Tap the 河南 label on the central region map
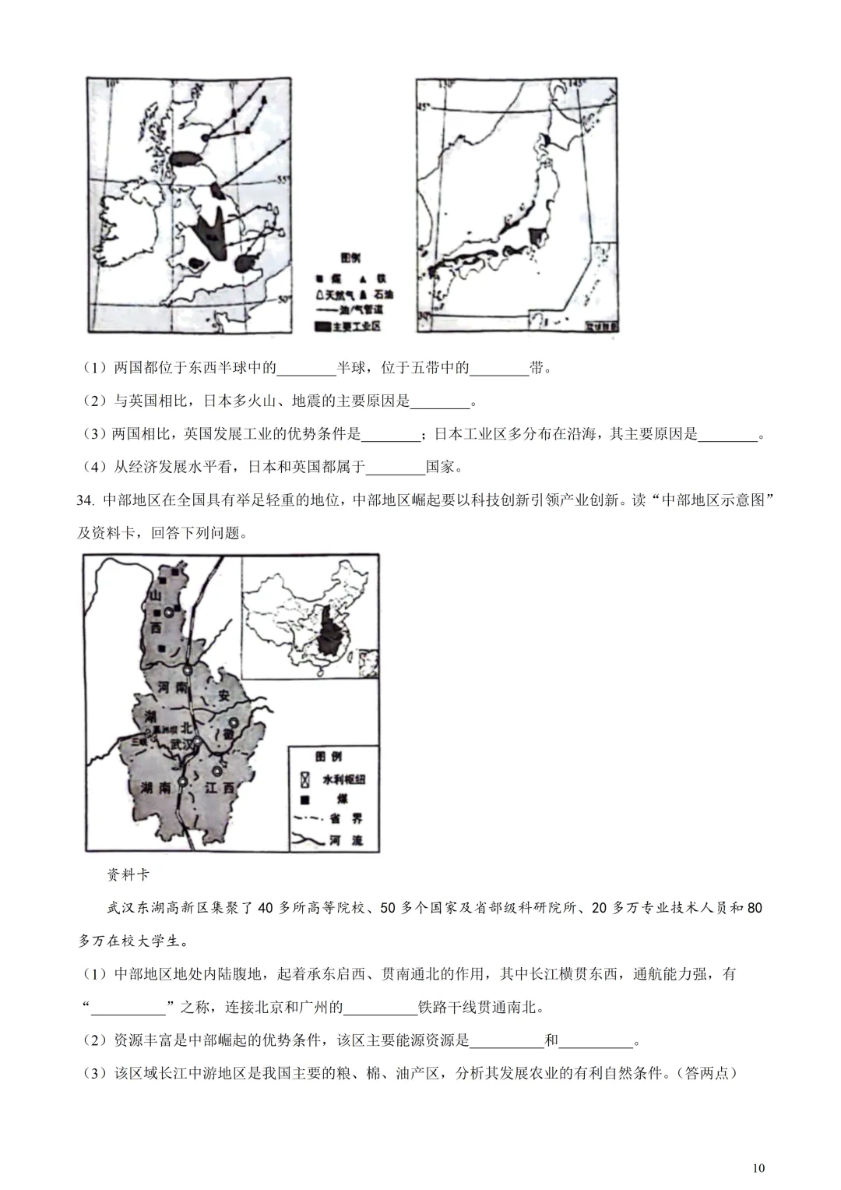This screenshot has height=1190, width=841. pos(173,687)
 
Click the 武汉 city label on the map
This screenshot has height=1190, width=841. pos(181,744)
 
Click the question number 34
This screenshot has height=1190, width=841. pos(85,500)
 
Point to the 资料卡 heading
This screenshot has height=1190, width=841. pos(128,874)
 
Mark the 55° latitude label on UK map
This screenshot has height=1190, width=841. pos(283,180)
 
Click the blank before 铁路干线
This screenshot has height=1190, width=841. pos(380,1007)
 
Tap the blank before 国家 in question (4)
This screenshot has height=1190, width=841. pos(395,467)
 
